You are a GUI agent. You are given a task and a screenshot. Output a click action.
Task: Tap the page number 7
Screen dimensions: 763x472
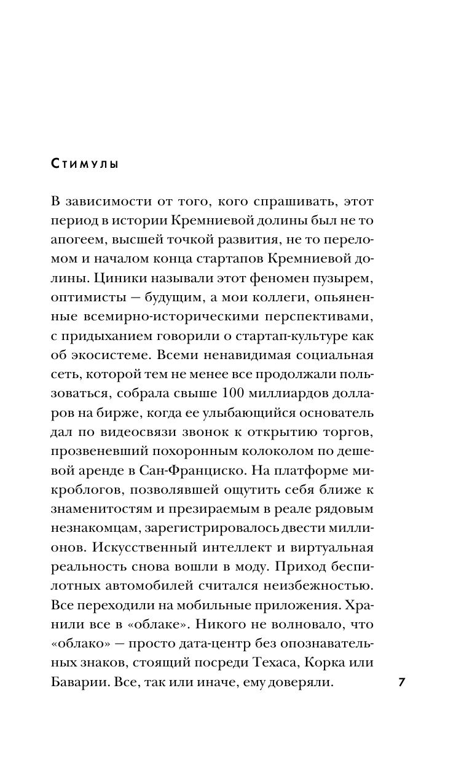[401, 666]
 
